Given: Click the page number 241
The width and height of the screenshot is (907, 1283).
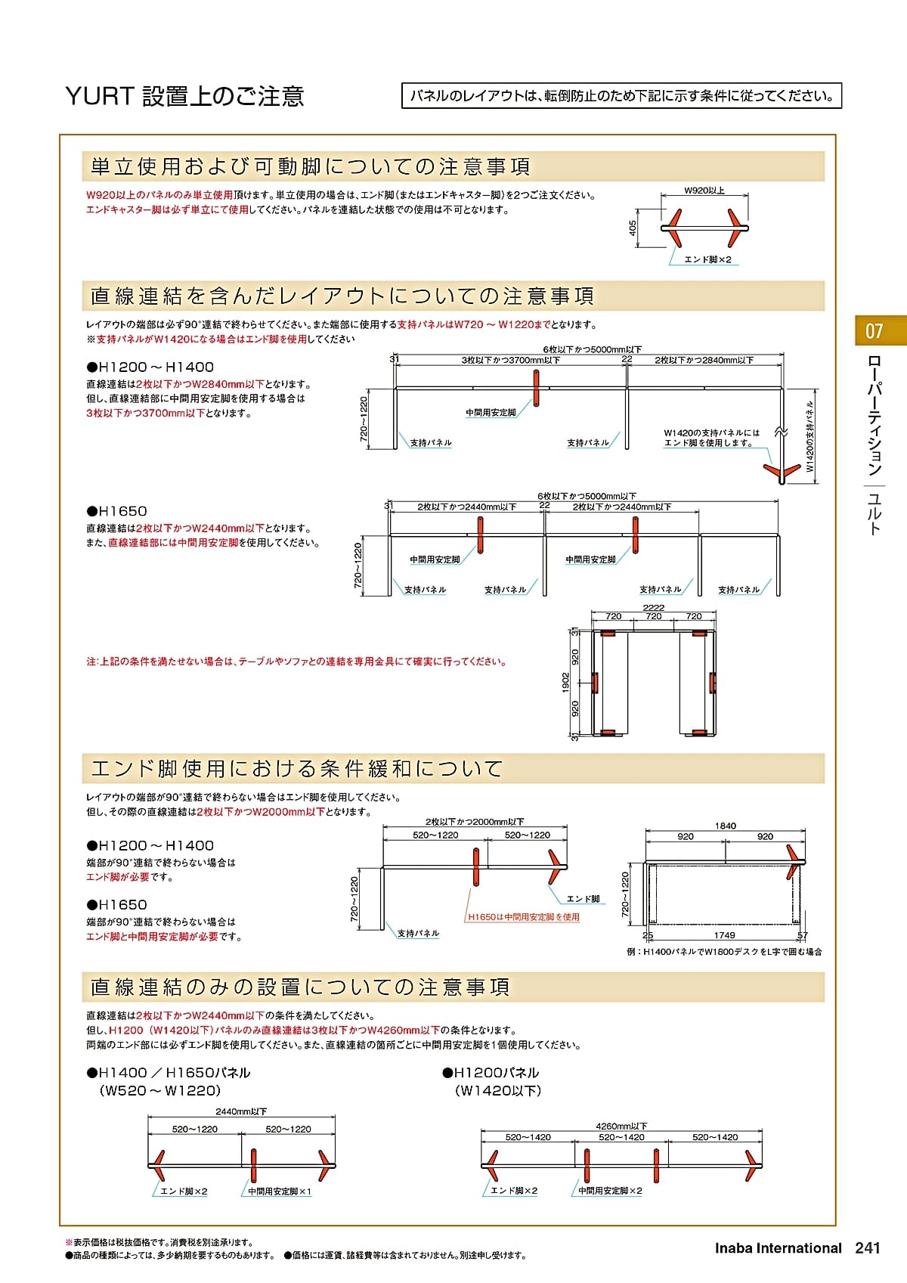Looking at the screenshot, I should pyautogui.click(x=868, y=1248).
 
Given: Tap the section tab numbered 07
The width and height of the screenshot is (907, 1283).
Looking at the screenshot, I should pyautogui.click(x=874, y=331).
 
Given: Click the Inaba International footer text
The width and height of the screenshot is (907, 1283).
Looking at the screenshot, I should pyautogui.click(x=778, y=1248).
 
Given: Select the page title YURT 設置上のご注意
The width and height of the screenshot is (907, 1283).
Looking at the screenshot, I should pyautogui.click(x=185, y=96).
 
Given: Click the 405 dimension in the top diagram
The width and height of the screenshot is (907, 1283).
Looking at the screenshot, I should pyautogui.click(x=633, y=228).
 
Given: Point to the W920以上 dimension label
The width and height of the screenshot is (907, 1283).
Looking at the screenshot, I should pyautogui.click(x=704, y=191).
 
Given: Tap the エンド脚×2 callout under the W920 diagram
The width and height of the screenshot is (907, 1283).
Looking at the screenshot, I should pyautogui.click(x=707, y=259).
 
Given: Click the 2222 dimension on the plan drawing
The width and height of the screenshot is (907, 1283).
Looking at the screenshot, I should pyautogui.click(x=653, y=607).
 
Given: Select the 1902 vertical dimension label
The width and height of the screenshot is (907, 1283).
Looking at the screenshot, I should pyautogui.click(x=565, y=683).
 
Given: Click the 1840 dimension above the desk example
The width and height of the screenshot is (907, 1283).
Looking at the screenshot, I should pyautogui.click(x=725, y=826).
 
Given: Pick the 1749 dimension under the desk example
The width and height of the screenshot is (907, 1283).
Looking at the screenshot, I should pyautogui.click(x=724, y=935).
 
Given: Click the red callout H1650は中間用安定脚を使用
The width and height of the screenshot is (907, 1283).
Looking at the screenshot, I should pyautogui.click(x=523, y=917).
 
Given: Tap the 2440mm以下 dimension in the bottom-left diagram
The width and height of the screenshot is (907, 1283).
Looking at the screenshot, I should pyautogui.click(x=241, y=1111).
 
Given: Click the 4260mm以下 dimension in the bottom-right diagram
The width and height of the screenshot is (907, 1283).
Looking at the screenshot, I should pyautogui.click(x=621, y=1126).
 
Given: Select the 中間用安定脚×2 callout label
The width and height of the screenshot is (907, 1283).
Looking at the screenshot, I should pyautogui.click(x=610, y=1191).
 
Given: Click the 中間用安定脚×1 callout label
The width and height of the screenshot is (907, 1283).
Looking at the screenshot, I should pyautogui.click(x=280, y=1192).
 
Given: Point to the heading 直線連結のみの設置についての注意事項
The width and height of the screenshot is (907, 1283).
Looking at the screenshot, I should pyautogui.click(x=300, y=987).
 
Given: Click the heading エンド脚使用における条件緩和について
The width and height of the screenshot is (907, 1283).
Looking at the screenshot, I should pyautogui.click(x=296, y=769).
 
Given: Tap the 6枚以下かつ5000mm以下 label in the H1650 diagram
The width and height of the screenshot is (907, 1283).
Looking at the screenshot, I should pyautogui.click(x=587, y=497).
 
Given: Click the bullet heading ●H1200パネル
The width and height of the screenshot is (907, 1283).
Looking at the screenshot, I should pyautogui.click(x=491, y=1073).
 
